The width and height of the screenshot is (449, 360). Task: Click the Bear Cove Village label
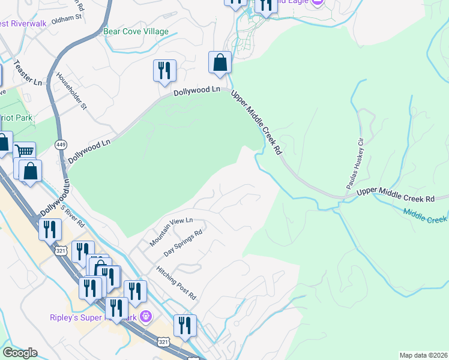pyautogui.click(x=136, y=31)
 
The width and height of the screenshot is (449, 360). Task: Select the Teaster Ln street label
pyautogui.click(x=29, y=72)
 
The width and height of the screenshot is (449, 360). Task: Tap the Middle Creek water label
pyautogui.click(x=425, y=216)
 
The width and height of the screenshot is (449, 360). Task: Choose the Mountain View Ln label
pyautogui.click(x=171, y=232)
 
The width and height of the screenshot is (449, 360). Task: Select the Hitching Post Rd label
pyautogui.click(x=176, y=284)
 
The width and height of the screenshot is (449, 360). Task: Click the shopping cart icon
pyautogui.click(x=25, y=151)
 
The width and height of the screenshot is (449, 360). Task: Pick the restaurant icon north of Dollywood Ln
pyautogui.click(x=164, y=70)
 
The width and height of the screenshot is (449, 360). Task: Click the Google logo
pyautogui.click(x=19, y=353)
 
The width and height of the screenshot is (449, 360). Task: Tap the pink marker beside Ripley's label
pyautogui.click(x=145, y=316)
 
